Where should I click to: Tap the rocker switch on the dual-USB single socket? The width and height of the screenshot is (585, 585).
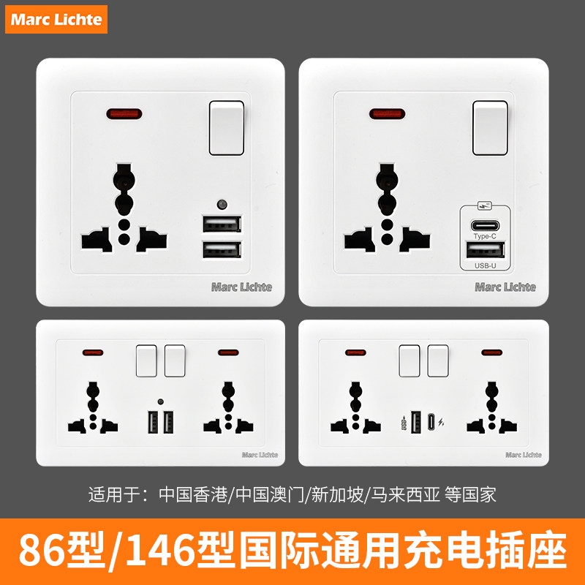click(x=227, y=129)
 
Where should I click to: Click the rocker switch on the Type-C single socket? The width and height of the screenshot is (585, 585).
click(x=490, y=129)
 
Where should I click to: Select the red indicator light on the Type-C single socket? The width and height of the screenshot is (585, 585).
click(x=388, y=114)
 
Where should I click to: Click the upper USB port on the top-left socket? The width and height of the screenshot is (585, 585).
click(x=221, y=224)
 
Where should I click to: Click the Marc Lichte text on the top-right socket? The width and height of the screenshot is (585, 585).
click(x=505, y=287)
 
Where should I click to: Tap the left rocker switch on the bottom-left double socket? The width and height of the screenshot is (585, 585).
click(x=148, y=360)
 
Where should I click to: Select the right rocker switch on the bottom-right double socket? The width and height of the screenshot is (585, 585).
click(x=438, y=360)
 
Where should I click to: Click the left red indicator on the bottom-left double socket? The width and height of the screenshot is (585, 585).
click(x=93, y=352)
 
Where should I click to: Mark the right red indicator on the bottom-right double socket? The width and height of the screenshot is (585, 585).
click(x=492, y=352)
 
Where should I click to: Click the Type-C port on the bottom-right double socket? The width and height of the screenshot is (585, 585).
click(x=431, y=423)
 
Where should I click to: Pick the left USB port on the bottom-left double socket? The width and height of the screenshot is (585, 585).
click(x=152, y=423)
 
